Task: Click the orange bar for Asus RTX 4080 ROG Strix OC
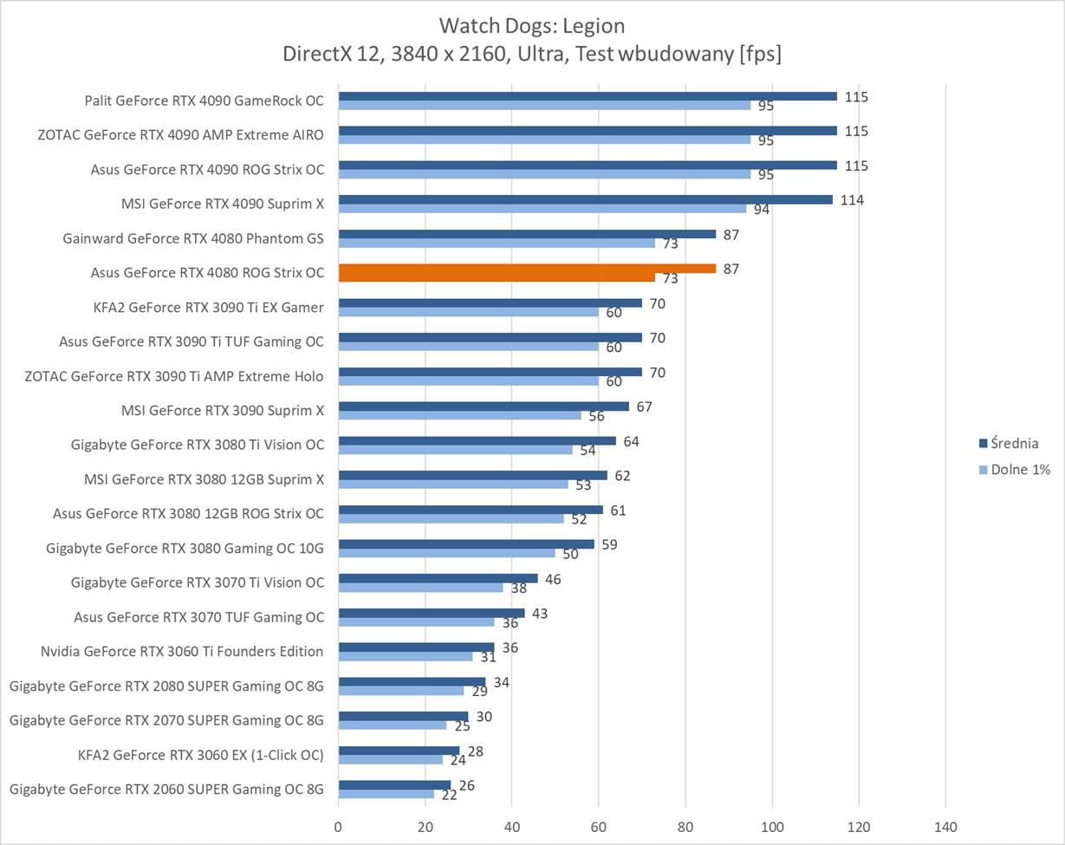point(527,269)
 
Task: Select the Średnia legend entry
point(1015,444)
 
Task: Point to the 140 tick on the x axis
point(945,826)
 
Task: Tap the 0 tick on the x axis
point(338,826)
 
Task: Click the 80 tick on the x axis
point(685,826)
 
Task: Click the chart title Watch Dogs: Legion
point(531,26)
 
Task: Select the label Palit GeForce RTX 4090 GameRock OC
point(205,101)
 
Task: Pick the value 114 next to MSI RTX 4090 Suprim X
point(852,200)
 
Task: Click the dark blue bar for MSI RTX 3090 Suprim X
point(484,406)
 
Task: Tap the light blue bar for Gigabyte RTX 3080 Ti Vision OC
point(455,450)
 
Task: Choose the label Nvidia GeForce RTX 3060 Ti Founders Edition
point(182,652)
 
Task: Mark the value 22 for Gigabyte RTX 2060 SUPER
point(449,795)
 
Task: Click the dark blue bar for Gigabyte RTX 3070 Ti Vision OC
point(438,578)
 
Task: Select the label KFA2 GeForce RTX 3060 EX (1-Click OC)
point(201,755)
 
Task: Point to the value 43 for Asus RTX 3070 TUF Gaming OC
point(539,614)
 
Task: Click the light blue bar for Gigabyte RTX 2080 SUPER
point(400,691)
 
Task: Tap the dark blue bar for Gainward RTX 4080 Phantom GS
point(527,234)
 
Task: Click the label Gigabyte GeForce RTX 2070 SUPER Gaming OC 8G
point(166,720)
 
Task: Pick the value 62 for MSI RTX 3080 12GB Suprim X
point(622,476)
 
